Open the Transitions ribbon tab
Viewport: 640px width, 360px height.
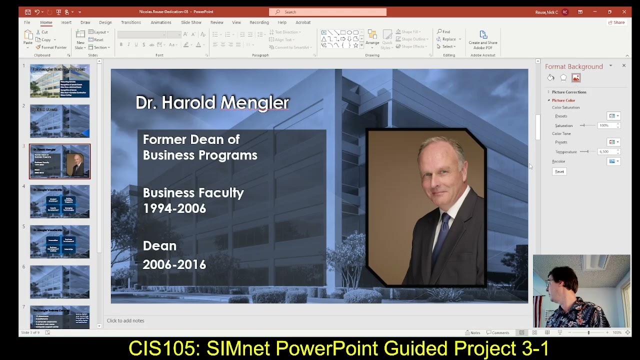click(x=130, y=22)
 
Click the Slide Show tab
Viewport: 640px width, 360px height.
click(x=191, y=22)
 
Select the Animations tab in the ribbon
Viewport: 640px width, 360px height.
click(x=160, y=22)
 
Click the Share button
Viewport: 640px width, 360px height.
click(x=616, y=22)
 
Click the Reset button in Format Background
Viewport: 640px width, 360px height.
click(x=559, y=171)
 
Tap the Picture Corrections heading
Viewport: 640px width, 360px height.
click(x=569, y=92)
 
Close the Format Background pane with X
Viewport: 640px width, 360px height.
click(x=623, y=65)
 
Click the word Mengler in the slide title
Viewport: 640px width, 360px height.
click(x=254, y=102)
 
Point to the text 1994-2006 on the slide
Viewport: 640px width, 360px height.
click(x=174, y=208)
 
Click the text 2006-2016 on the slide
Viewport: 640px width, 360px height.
click(x=174, y=264)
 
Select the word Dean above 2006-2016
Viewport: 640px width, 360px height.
click(x=159, y=245)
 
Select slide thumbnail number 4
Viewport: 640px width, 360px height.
click(x=59, y=201)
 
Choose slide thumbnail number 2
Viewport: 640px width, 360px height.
click(x=59, y=121)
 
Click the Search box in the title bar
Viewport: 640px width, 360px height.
click(x=327, y=12)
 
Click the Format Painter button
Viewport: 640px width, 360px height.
click(x=51, y=47)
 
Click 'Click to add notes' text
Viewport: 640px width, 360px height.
click(x=125, y=320)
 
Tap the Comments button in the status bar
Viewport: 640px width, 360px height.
click(x=497, y=332)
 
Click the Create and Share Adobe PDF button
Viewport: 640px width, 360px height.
click(x=483, y=39)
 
